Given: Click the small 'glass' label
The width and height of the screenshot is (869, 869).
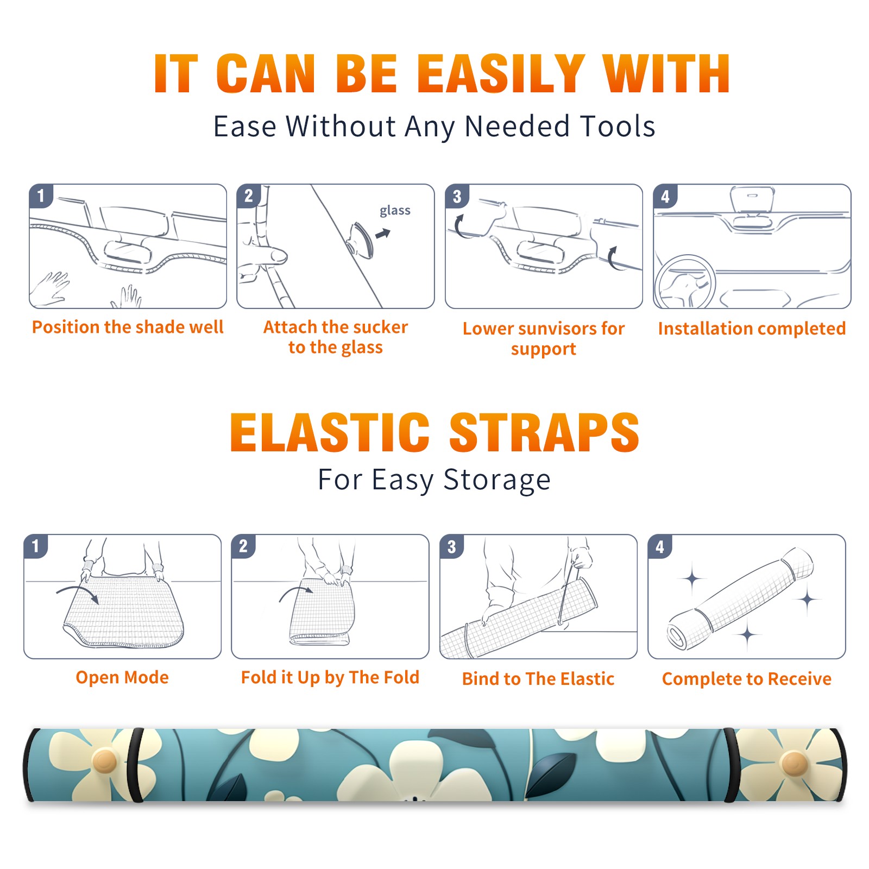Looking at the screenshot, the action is pyautogui.click(x=395, y=211).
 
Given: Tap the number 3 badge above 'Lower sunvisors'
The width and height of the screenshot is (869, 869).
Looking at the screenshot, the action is pyautogui.click(x=457, y=196).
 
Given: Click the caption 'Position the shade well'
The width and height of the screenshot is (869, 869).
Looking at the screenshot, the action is pyautogui.click(x=128, y=327).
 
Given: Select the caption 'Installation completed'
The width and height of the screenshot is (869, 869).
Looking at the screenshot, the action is pyautogui.click(x=752, y=329).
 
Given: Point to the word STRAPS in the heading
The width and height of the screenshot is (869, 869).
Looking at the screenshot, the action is pyautogui.click(x=544, y=432).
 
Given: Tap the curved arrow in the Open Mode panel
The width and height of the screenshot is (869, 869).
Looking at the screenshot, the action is pyautogui.click(x=78, y=593).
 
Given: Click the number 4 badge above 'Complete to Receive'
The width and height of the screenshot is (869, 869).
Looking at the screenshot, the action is pyautogui.click(x=660, y=546).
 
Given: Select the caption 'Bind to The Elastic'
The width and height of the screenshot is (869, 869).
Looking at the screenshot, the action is pyautogui.click(x=538, y=679).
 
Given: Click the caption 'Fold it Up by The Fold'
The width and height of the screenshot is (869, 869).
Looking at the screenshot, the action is pyautogui.click(x=330, y=678).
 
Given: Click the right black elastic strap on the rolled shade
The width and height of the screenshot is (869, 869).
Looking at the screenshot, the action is pyautogui.click(x=731, y=765).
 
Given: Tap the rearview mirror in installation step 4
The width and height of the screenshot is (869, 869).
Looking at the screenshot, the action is pyautogui.click(x=752, y=200).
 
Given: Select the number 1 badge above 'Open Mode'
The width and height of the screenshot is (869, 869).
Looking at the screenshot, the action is pyautogui.click(x=35, y=546).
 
